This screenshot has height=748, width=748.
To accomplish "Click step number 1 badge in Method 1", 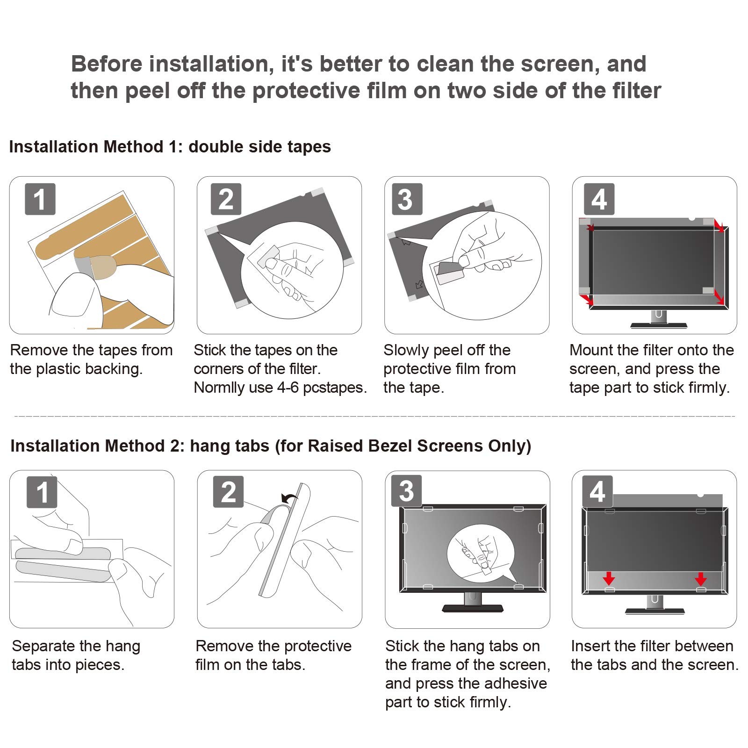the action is pos(40,199).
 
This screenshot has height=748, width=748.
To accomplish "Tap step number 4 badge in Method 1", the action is pos(599,199).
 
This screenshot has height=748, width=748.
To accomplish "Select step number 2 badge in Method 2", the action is pos(228,492).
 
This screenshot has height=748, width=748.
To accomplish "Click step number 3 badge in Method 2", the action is pos(407,491).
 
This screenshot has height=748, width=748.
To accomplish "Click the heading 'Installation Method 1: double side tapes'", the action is pos(170,147).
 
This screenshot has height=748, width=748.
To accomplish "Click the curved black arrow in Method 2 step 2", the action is pos(289,498).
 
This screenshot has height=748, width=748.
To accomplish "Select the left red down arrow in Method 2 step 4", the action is pos(609,579).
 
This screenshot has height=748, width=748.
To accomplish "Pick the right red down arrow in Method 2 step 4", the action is pos(700,579).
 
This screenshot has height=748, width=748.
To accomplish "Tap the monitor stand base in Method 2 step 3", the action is pos(473,608).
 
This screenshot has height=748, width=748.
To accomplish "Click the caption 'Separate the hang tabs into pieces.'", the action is pos(76,655).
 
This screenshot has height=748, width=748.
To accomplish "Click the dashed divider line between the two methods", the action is pos(374,416).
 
